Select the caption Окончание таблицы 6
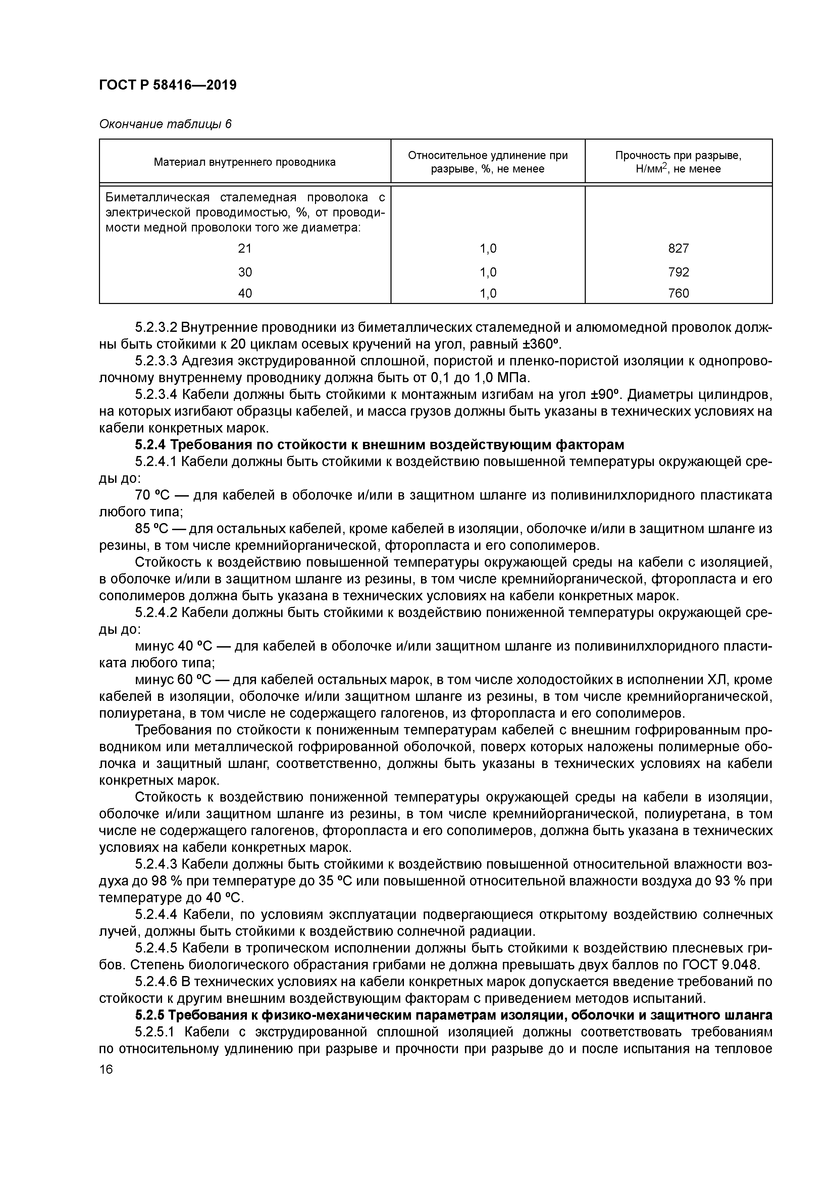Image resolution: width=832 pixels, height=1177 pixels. (165, 124)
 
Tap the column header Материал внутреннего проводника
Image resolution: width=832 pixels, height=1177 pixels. (245, 162)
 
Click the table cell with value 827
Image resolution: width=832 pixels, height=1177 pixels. (678, 249)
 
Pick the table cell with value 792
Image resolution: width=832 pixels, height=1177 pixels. (678, 272)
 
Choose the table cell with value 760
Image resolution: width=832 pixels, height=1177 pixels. (678, 293)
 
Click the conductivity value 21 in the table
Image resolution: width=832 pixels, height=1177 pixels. (245, 249)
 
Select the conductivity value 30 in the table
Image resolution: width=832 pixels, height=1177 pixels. (245, 272)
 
